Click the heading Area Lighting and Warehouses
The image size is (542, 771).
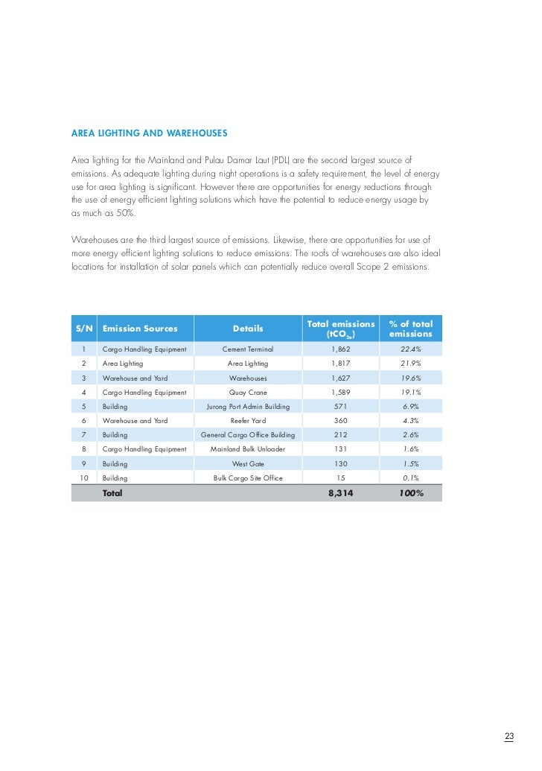[149, 133]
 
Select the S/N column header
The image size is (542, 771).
[84, 329]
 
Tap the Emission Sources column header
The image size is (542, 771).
[140, 329]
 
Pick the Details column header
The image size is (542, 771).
[248, 329]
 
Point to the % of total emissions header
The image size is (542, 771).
[410, 329]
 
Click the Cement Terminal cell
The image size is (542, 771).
[248, 349]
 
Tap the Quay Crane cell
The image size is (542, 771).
[248, 392]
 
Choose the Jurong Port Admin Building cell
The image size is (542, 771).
[248, 407]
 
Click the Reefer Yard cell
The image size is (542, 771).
[248, 421]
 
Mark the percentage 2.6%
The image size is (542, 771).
[410, 435]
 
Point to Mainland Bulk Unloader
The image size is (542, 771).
[248, 449]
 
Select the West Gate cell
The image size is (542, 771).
[248, 463]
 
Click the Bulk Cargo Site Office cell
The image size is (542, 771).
[248, 477]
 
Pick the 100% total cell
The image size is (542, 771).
[410, 493]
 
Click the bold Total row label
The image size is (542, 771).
[112, 493]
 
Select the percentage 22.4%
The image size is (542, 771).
[410, 349]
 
